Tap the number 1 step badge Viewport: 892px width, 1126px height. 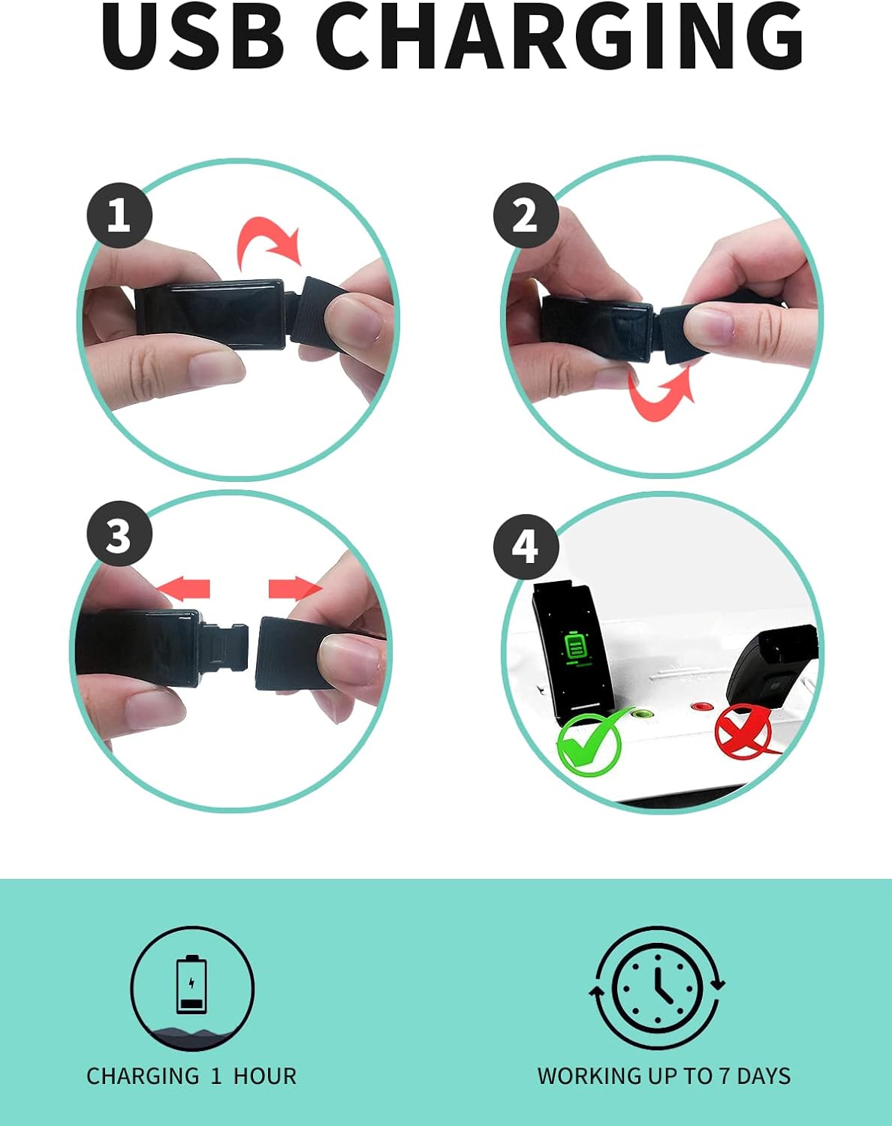(119, 215)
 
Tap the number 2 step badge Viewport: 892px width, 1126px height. (526, 215)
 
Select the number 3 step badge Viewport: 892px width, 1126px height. (119, 534)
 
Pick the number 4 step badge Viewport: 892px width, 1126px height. (526, 547)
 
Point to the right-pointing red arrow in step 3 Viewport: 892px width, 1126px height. (296, 589)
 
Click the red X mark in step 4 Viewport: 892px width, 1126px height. (743, 731)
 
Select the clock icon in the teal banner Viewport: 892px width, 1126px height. (658, 989)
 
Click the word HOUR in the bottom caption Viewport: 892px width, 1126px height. (265, 1076)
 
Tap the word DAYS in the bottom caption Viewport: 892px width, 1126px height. (764, 1076)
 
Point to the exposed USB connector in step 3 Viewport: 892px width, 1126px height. (225, 647)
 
